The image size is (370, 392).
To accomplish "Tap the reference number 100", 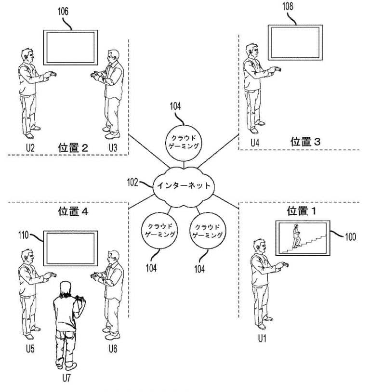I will coord(350,236).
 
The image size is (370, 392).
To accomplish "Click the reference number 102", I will coord(133,183).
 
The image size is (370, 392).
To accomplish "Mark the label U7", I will coord(66,378).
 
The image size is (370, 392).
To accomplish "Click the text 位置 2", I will coord(73,147).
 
